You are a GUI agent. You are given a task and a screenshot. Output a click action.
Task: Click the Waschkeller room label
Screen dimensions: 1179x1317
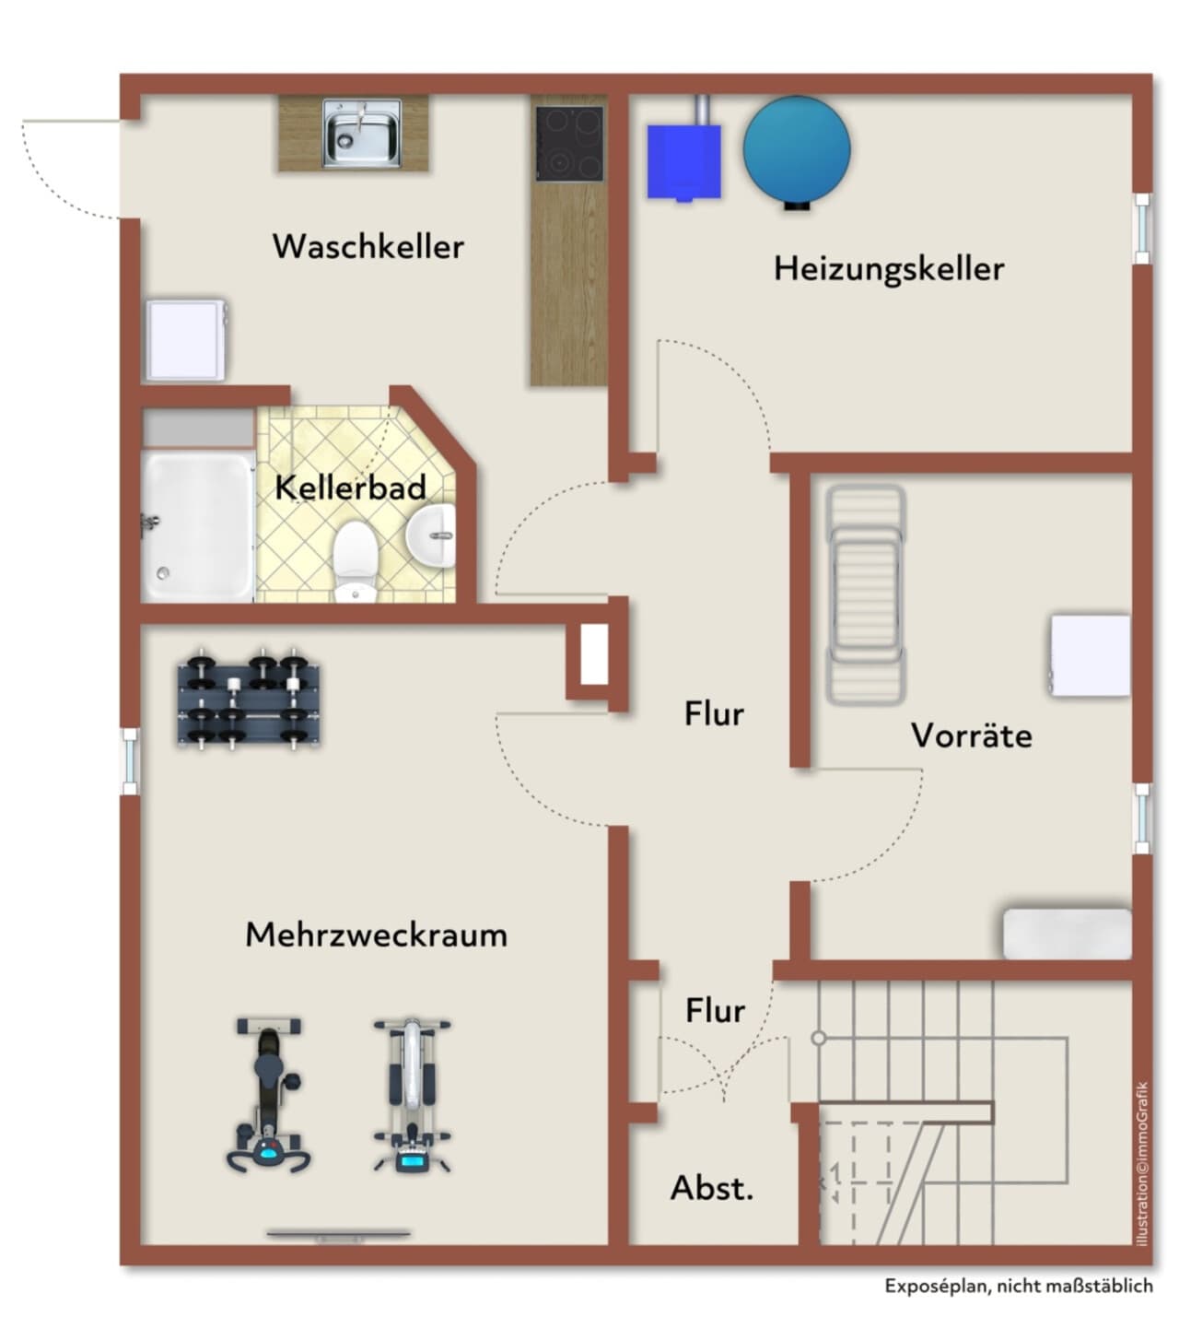pyautogui.click(x=368, y=246)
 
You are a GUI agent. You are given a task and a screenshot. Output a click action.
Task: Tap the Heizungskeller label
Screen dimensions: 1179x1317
pyautogui.click(x=889, y=269)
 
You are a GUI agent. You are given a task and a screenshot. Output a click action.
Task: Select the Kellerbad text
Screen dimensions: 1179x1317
pyautogui.click(x=351, y=488)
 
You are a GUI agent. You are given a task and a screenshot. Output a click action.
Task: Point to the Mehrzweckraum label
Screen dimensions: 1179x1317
pyautogui.click(x=376, y=935)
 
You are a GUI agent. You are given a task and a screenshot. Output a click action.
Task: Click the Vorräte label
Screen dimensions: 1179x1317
pyautogui.click(x=971, y=735)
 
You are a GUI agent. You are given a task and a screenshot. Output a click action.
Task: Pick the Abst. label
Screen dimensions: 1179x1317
pyautogui.click(x=712, y=1188)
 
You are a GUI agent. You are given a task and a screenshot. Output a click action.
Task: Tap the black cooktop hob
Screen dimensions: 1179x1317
pyautogui.click(x=569, y=144)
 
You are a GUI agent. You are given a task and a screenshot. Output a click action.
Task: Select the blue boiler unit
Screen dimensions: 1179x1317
pyautogui.click(x=683, y=161)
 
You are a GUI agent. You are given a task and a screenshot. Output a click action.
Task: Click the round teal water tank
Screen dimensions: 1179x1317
pyautogui.click(x=797, y=150)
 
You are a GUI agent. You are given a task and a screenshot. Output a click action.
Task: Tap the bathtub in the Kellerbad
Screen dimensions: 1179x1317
pyautogui.click(x=197, y=526)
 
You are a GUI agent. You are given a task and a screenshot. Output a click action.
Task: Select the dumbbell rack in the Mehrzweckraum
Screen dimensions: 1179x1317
pyautogui.click(x=249, y=700)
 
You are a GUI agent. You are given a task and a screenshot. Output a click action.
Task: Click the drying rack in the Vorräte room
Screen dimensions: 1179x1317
pyautogui.click(x=866, y=595)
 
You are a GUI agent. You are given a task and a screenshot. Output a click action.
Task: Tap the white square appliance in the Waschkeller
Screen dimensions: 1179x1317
pyautogui.click(x=186, y=339)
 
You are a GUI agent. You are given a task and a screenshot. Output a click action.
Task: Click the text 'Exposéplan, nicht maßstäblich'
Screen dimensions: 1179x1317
pyautogui.click(x=1019, y=1285)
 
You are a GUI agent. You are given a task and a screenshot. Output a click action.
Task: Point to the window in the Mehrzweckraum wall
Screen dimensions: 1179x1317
pyautogui.click(x=131, y=760)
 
